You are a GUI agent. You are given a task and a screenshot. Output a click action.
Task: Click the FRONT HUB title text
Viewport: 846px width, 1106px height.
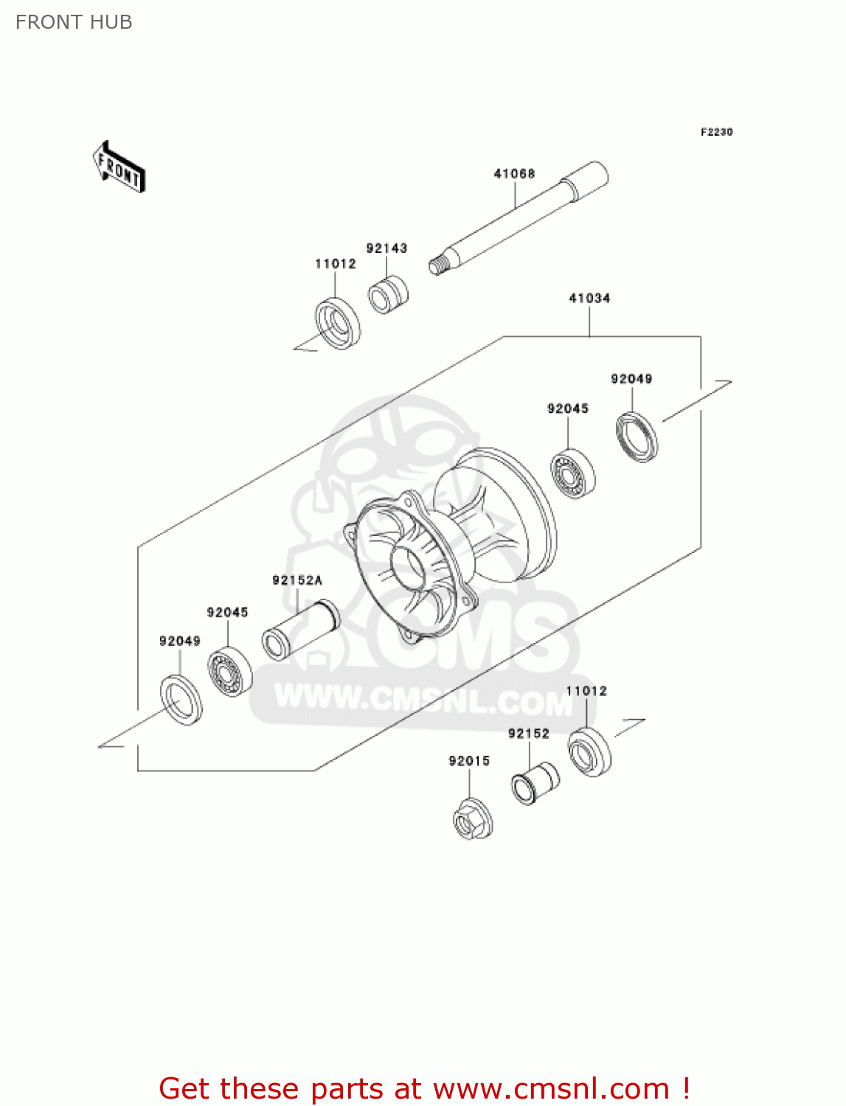(74, 22)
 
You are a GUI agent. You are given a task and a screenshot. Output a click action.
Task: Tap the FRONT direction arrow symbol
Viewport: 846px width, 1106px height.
(119, 167)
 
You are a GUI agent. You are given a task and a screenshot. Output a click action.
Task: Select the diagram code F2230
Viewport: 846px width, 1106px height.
(716, 132)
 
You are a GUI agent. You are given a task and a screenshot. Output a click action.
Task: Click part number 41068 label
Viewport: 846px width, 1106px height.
(514, 174)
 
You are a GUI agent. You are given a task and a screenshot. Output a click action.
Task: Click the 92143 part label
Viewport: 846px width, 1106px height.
(386, 248)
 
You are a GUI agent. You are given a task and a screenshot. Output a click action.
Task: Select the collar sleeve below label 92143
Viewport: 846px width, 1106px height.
(388, 294)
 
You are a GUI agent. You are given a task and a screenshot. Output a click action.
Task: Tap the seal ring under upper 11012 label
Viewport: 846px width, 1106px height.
(338, 323)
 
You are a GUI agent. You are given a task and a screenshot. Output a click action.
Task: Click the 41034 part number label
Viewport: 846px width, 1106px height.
(589, 299)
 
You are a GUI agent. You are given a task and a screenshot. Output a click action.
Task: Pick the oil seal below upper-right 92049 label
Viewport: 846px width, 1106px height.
(637, 437)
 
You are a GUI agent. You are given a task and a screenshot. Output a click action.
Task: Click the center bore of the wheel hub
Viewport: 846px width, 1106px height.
(408, 568)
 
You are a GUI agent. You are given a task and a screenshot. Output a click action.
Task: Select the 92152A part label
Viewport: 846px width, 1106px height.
(297, 581)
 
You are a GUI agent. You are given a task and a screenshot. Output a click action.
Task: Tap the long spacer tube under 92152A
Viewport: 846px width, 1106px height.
(300, 630)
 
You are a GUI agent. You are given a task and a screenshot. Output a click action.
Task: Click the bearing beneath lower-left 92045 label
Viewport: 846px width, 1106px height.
(230, 672)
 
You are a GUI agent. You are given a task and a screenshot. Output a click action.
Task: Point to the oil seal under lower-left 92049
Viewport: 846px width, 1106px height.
(181, 699)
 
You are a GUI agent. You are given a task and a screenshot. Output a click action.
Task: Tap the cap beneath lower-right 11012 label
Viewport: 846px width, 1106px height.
(590, 752)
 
